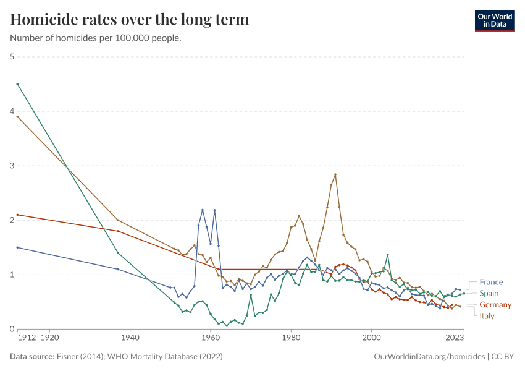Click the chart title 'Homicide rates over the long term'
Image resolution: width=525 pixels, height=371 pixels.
pos(130,20)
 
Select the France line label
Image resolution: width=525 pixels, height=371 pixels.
pos(491,282)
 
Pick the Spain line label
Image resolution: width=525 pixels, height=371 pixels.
pos(489,293)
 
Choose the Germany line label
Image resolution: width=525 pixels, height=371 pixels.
pos(495,305)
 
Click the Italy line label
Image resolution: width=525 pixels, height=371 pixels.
pos(487,316)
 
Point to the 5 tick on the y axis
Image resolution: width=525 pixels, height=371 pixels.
pos(12,57)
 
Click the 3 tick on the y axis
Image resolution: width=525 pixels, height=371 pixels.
pos(12,166)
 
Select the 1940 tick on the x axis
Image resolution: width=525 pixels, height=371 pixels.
pos(130,338)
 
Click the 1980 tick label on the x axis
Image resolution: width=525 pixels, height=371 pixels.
pos(291,338)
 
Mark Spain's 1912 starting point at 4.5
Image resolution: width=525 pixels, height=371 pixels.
pos(18,84)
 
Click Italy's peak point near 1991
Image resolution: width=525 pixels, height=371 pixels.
pos(335,174)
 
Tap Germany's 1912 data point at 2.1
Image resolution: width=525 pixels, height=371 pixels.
pos(18,215)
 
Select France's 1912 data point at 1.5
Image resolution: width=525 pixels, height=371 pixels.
pos(18,247)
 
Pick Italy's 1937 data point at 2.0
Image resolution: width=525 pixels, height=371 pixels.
pos(118,220)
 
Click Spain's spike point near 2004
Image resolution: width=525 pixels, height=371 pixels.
pos(387,254)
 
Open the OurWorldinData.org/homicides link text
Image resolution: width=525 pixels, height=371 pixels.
pos(430,357)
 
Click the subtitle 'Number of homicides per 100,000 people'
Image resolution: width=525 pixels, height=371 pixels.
pos(96,38)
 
